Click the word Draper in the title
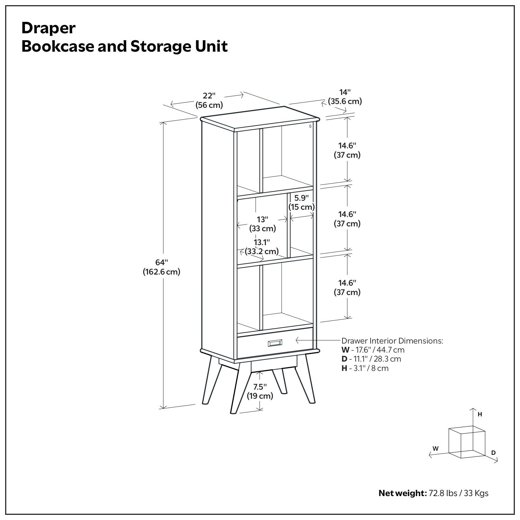48,28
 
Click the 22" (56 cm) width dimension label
209,100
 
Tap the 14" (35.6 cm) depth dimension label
345,97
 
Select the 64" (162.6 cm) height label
162,267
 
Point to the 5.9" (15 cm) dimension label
302,202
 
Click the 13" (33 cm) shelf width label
262,224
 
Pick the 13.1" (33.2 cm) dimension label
262,247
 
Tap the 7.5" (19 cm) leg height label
260,391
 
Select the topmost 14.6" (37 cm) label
347,150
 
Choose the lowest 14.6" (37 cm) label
347,287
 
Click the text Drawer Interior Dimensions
392,341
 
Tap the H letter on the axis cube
480,414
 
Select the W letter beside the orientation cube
435,448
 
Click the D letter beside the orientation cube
493,453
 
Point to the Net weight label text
402,493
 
